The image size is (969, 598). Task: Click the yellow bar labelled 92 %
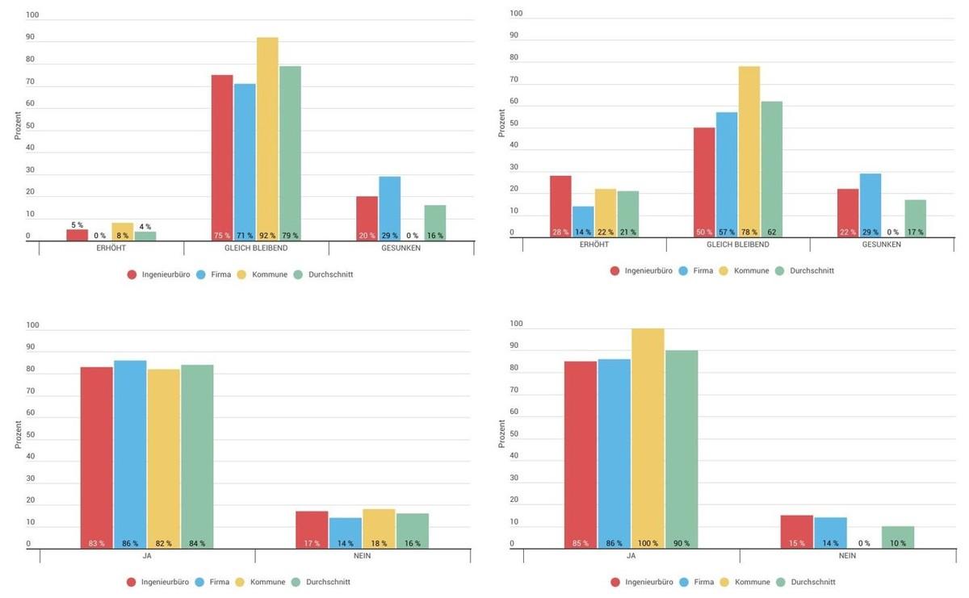click(267, 137)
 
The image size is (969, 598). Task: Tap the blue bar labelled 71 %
click(245, 161)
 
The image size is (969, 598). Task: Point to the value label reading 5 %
click(77, 225)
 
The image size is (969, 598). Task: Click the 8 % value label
click(123, 236)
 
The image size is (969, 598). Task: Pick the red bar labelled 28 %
click(560, 206)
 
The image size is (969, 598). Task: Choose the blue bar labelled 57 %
click(726, 174)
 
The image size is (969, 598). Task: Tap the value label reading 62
click(771, 232)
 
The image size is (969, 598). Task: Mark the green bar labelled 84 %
click(197, 457)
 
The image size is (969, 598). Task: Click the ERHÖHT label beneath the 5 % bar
click(111, 248)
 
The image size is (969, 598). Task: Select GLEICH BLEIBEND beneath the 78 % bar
click(737, 244)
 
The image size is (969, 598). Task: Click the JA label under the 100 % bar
click(631, 556)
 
